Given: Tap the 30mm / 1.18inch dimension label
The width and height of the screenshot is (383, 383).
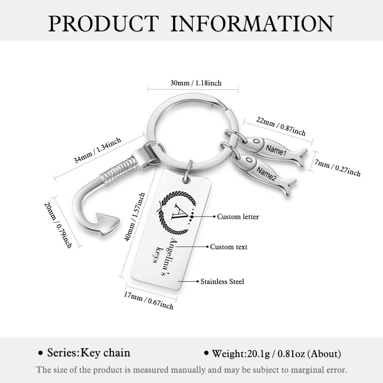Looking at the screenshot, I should [x=196, y=83].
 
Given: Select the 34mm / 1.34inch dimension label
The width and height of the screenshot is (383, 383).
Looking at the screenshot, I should [x=97, y=151].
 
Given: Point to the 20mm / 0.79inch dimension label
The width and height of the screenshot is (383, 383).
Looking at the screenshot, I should [x=58, y=225].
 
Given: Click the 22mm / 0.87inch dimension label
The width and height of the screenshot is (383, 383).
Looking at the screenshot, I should [x=281, y=126].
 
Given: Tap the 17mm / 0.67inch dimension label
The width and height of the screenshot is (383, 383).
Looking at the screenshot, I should [x=149, y=300].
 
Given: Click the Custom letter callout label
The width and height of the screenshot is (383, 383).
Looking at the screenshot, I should [x=238, y=217].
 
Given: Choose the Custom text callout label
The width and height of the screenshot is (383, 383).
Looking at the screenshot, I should [x=228, y=247].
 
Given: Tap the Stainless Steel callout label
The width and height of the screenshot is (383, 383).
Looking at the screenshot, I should [x=222, y=281].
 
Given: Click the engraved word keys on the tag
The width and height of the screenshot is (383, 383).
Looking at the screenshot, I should [x=158, y=255].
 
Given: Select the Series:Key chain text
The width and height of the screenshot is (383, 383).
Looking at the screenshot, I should [x=89, y=353].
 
